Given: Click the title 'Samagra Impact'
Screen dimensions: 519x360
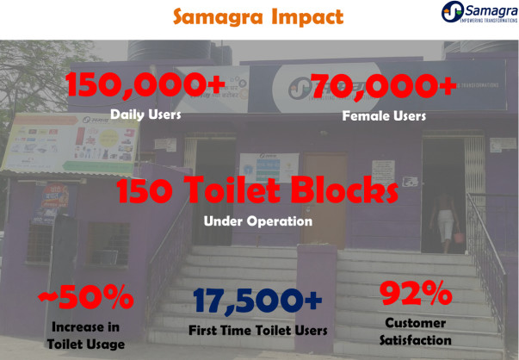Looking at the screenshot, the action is point(258,17).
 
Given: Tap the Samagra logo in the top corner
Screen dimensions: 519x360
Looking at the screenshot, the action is point(479,12).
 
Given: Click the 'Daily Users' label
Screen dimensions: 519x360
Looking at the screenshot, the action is point(145,115).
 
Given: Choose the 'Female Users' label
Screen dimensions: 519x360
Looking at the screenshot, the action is point(384,116).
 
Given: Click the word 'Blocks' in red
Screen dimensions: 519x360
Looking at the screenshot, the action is point(344,189).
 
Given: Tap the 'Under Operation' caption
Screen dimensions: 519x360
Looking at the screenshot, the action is point(258,221).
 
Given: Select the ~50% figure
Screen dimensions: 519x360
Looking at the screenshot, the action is point(86,297).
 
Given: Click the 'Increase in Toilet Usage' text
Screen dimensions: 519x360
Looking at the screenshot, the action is point(86,336).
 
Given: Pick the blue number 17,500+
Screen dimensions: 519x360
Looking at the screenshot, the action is point(257,301).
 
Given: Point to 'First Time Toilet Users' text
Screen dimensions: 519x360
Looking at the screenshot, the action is point(258,330).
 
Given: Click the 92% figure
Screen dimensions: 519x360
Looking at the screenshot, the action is point(416,293).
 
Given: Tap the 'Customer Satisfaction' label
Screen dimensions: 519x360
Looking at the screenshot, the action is point(416,332).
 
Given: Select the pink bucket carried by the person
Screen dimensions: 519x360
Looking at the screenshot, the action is point(458,237).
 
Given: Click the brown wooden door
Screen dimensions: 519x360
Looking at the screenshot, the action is point(324,200).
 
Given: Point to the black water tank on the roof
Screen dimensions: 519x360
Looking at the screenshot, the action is point(170,50).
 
